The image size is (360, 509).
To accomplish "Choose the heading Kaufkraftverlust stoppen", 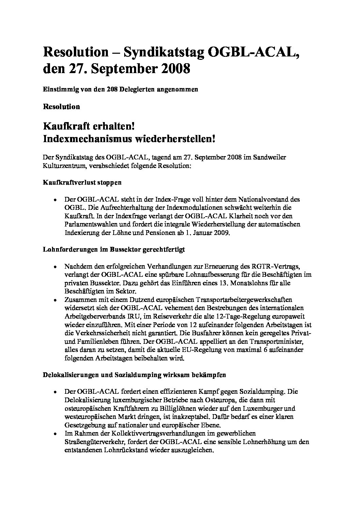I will coord(82,183).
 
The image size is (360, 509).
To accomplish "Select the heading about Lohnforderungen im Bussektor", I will coord(114,249).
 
